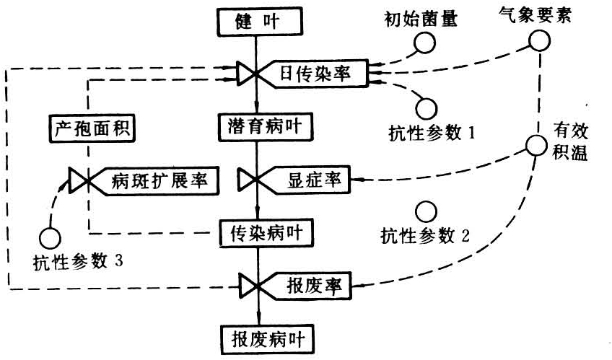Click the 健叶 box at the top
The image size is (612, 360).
click(257, 21)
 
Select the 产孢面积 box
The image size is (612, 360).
click(87, 128)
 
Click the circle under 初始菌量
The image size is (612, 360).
click(424, 43)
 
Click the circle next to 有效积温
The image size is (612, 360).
click(536, 145)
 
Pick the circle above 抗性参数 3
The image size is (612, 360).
click(51, 236)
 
